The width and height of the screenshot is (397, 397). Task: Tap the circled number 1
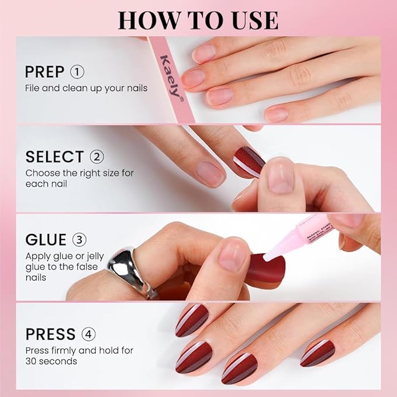(77, 72)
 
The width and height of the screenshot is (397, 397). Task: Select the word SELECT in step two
(54, 157)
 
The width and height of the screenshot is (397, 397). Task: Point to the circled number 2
(97, 157)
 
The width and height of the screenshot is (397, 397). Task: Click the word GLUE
(46, 240)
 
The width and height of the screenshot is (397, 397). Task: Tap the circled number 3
(79, 240)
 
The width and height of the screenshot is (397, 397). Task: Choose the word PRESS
(50, 334)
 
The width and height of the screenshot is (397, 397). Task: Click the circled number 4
(89, 334)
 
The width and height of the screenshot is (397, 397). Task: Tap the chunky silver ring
(129, 270)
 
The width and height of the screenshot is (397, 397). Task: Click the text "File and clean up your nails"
(86, 88)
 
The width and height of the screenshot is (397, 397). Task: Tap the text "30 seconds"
(50, 361)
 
